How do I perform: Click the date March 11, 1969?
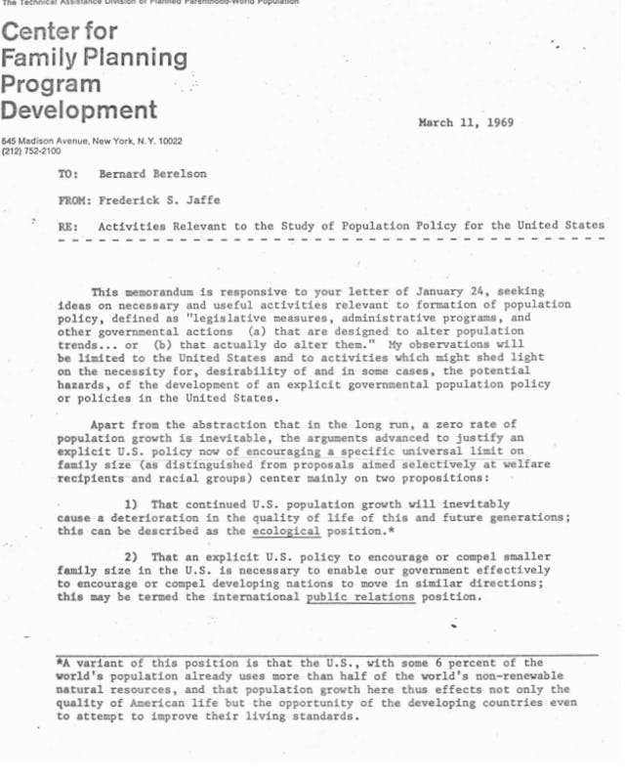point(465,123)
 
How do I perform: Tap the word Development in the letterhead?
point(79,109)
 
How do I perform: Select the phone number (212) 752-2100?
point(30,152)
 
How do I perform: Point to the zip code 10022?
point(168,141)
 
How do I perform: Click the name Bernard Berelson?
point(147,174)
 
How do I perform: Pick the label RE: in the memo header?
point(68,226)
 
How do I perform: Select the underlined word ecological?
point(286,531)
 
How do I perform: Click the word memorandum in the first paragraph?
point(166,292)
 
